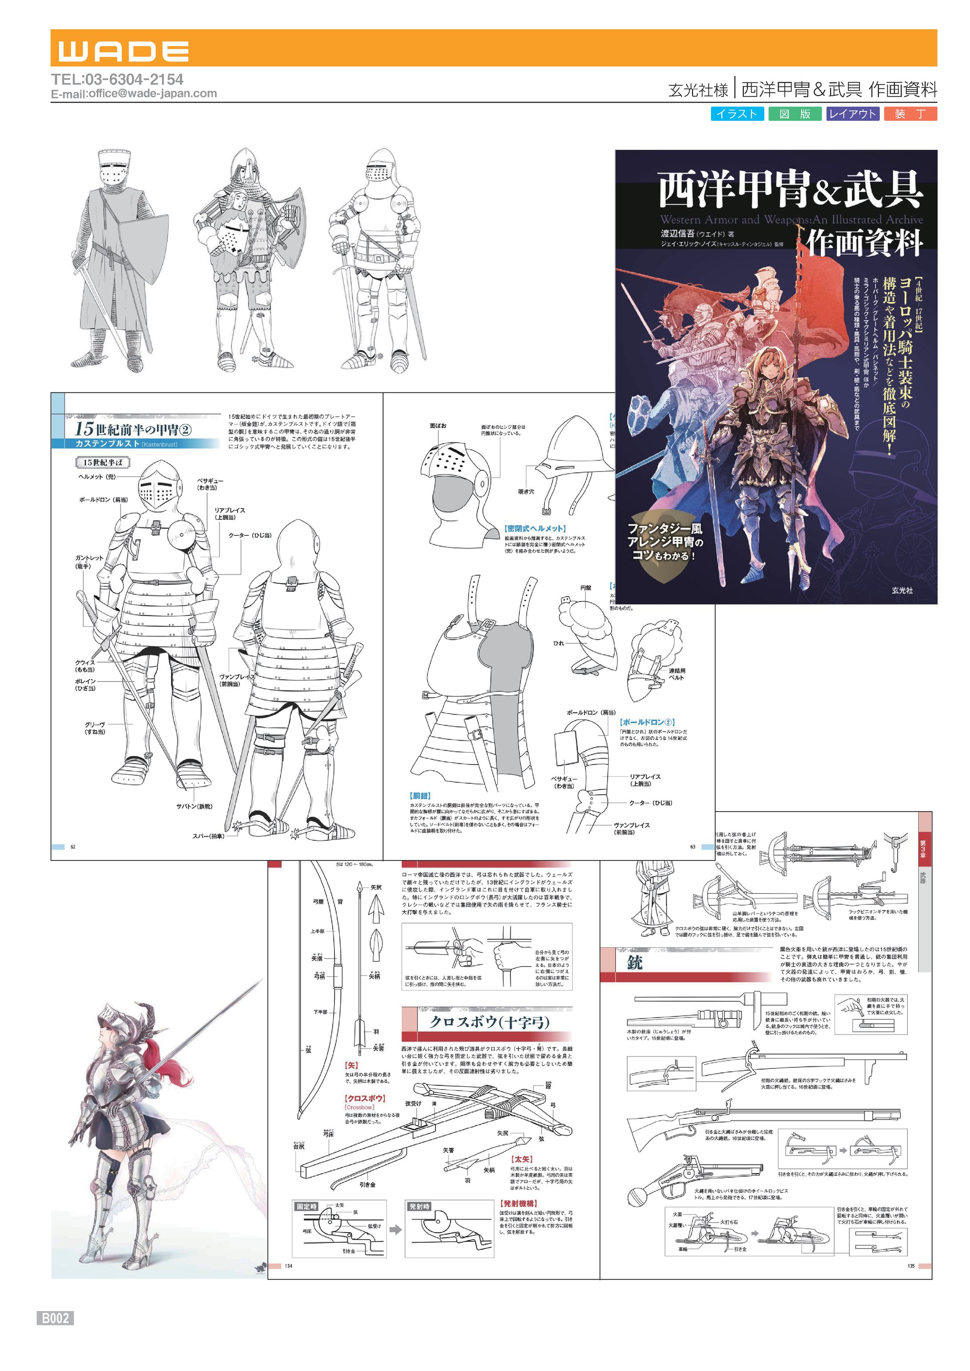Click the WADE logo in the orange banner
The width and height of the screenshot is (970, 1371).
click(123, 52)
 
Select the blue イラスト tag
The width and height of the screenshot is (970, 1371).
click(736, 114)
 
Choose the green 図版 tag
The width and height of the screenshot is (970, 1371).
click(795, 114)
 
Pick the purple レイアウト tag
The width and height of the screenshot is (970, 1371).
click(852, 114)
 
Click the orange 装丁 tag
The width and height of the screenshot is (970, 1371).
click(910, 114)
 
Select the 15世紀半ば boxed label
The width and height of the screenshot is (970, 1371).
click(103, 462)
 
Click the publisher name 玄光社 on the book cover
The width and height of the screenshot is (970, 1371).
click(902, 590)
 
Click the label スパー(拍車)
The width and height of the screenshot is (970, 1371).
click(208, 836)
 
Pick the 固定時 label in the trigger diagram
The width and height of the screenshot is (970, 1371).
click(306, 1207)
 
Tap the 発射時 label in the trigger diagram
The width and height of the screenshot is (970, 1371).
click(419, 1207)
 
